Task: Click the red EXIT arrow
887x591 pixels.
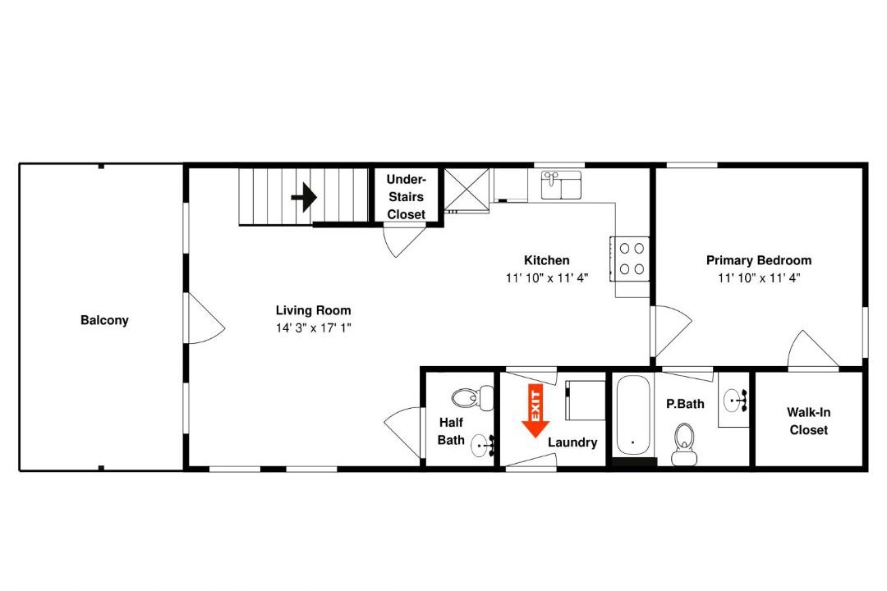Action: [x=535, y=410]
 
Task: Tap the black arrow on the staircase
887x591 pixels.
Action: [x=304, y=197]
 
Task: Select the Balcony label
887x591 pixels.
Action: [x=104, y=320]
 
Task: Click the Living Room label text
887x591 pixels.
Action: [x=314, y=310]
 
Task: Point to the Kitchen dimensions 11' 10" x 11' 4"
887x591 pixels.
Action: [x=547, y=277]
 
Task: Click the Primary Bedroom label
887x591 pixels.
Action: [x=759, y=260]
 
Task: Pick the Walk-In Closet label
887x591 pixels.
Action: [x=808, y=421]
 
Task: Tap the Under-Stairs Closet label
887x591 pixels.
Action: [x=407, y=197]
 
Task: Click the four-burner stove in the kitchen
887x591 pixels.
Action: [x=630, y=259]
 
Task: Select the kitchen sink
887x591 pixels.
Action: [x=561, y=185]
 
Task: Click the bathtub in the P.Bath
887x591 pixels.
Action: [x=633, y=415]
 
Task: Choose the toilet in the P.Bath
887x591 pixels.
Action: [x=684, y=444]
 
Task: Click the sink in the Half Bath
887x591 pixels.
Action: [x=483, y=445]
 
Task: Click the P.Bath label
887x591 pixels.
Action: [x=685, y=404]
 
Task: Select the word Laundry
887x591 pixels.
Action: [x=572, y=442]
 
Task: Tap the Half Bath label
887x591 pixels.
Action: [x=451, y=431]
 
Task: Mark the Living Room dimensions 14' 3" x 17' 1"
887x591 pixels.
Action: [x=314, y=328]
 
